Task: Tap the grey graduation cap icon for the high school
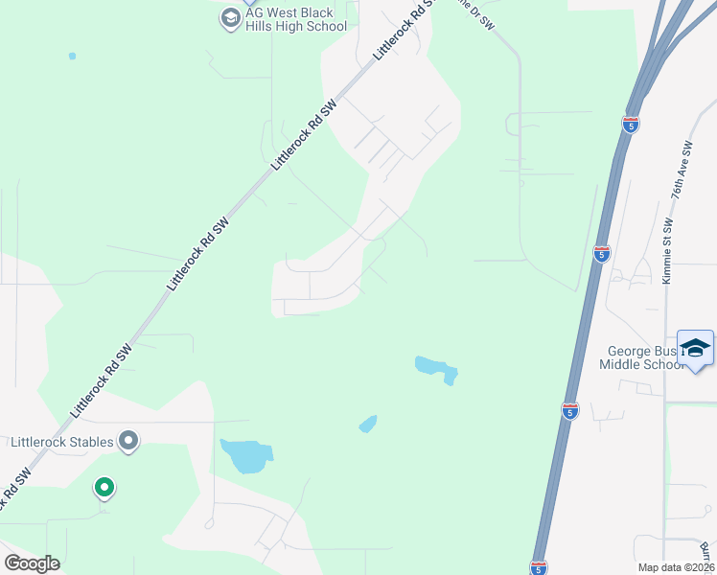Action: [x=229, y=18]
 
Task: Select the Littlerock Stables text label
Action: [x=61, y=442]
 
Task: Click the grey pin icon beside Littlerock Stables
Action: [x=128, y=441]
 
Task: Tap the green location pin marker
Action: [x=104, y=489]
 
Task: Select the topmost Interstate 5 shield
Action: [x=630, y=124]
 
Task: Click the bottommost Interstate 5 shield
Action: [x=539, y=567]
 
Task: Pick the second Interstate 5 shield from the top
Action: [x=601, y=253]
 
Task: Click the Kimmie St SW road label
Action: [x=667, y=252]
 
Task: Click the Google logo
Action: [x=33, y=563]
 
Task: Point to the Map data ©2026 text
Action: [x=676, y=567]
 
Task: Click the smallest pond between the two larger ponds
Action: [x=368, y=424]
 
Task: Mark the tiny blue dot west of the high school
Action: [x=72, y=56]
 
